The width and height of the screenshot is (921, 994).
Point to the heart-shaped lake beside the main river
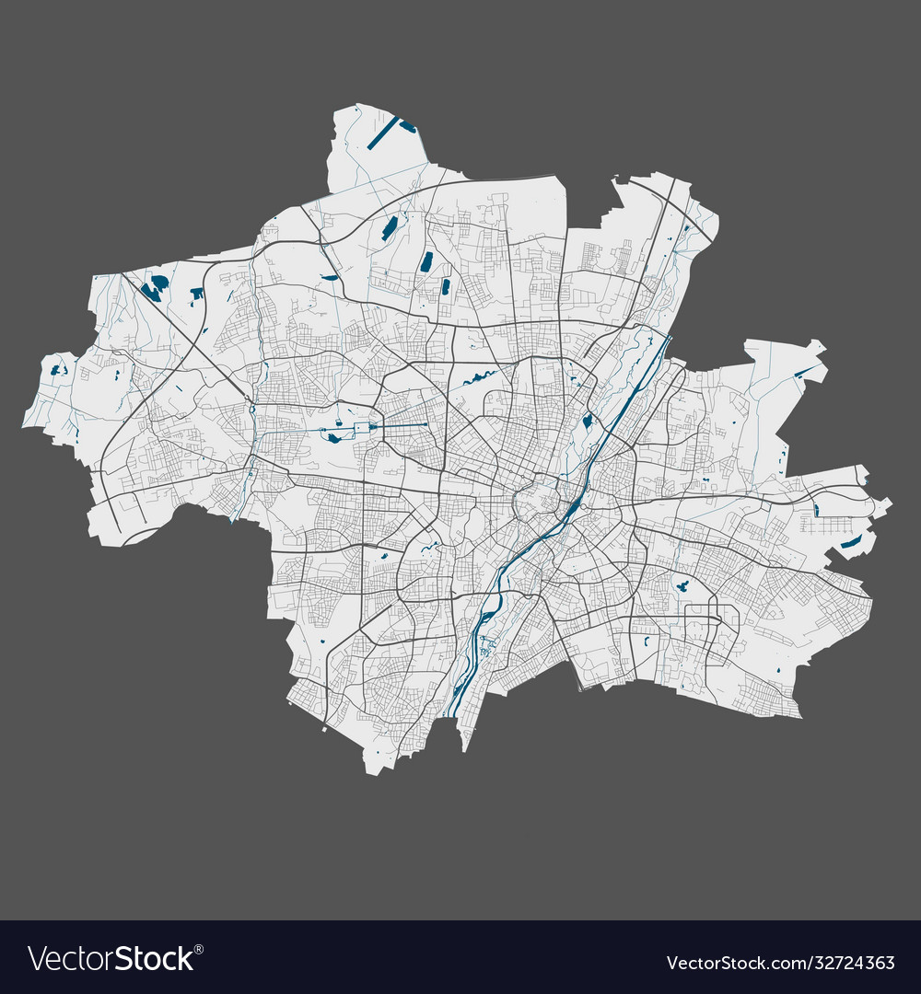(587, 422)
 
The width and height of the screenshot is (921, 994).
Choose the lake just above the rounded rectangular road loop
(683, 585)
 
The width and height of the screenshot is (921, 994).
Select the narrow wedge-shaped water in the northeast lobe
(806, 373)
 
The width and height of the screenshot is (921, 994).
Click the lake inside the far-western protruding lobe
(58, 370)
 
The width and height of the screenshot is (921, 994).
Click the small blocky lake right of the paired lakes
(196, 294)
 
